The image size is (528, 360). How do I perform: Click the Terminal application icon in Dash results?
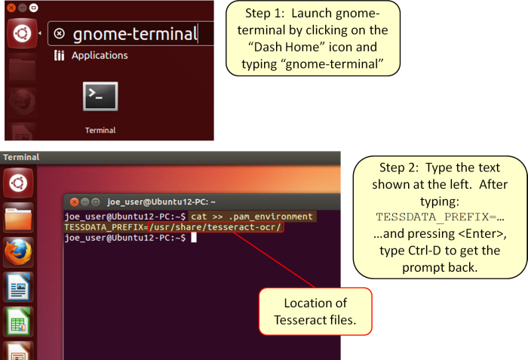(x=100, y=97)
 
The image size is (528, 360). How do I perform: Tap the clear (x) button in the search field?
(x=60, y=33)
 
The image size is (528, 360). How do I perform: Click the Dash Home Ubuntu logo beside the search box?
(x=22, y=33)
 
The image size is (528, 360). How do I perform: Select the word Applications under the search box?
(x=100, y=55)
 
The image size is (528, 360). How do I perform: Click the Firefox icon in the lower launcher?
(x=18, y=252)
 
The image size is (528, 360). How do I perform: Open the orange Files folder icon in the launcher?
(x=18, y=218)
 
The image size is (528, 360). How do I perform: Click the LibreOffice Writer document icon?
(x=18, y=287)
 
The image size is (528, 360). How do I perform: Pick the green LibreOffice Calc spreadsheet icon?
(x=18, y=322)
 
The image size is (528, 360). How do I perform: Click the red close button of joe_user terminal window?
(x=74, y=202)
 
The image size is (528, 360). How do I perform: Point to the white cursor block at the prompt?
(x=194, y=238)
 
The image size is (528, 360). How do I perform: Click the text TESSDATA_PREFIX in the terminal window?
(x=104, y=227)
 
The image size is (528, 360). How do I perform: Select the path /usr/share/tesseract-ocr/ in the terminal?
(x=216, y=227)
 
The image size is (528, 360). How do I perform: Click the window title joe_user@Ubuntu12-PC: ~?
(x=161, y=202)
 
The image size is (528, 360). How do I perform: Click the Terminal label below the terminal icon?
(x=100, y=130)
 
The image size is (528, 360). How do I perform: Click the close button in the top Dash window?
(x=11, y=8)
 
